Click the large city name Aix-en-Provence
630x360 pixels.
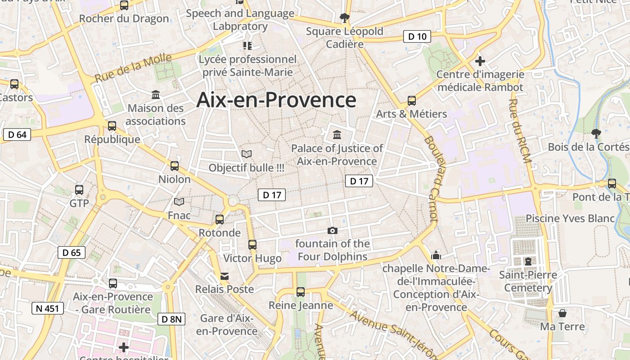276,100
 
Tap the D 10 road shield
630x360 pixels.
417,36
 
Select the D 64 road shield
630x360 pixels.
17,135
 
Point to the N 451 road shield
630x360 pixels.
48,308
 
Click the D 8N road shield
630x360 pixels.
171,319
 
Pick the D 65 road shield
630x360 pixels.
72,252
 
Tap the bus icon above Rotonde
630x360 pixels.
220,219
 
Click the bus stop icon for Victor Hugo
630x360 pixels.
252,244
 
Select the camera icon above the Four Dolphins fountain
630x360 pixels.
332,230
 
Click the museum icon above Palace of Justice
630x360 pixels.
337,135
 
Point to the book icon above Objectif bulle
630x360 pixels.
246,154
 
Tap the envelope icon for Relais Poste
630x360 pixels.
224,276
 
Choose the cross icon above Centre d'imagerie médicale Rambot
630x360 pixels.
480,61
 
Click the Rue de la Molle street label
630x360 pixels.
133,68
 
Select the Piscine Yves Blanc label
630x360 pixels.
570,218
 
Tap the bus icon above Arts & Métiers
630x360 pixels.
411,100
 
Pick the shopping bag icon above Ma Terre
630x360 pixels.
562,313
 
